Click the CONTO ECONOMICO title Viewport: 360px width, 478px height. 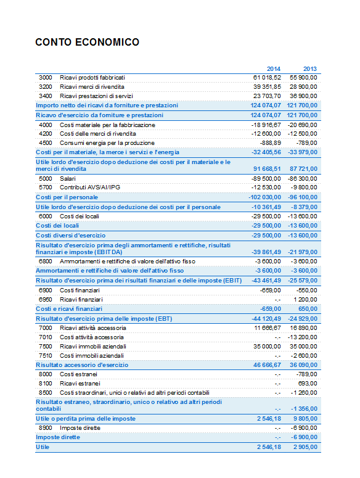[87, 42]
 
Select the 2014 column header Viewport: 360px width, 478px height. [274, 69]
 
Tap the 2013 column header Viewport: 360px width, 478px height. [309, 69]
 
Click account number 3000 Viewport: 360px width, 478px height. [46, 78]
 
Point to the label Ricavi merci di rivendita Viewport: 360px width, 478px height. [92, 87]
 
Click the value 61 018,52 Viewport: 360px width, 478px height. [267, 78]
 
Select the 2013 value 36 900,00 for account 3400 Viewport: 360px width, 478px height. [303, 96]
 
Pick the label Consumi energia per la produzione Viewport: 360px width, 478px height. [107, 143]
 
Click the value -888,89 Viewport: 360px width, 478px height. [271, 143]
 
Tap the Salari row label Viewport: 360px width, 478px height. [68, 179]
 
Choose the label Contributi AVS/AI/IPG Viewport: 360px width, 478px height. [90, 187]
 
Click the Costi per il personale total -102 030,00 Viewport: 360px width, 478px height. [264, 197]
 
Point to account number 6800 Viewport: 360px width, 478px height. [46, 262]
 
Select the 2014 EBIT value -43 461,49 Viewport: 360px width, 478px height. [266, 281]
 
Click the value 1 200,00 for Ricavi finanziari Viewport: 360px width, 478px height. [305, 300]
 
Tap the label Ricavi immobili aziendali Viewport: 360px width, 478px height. [93, 347]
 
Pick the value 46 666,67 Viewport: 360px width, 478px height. [267, 365]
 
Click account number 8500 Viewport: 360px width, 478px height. [46, 393]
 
